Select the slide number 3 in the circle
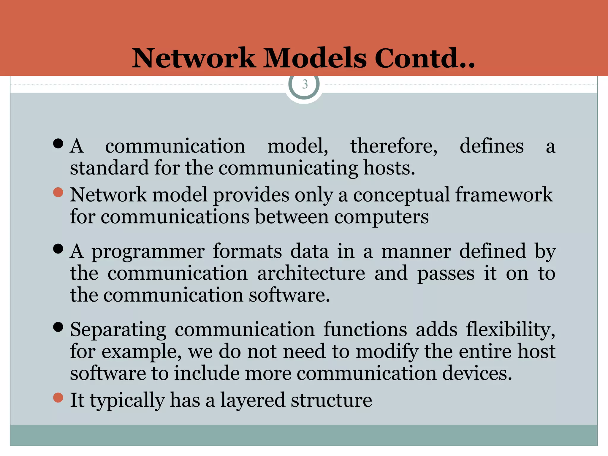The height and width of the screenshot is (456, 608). (305, 85)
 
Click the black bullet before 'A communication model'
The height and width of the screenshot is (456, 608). (58, 143)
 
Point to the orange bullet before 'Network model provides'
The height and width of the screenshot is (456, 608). (58, 192)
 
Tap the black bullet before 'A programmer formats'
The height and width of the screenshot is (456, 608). (58, 248)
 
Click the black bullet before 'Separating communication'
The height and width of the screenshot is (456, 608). (58, 327)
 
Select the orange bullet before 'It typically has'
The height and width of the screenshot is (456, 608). (58, 398)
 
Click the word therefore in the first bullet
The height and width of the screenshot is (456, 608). (393, 146)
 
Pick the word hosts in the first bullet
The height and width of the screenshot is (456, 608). (389, 168)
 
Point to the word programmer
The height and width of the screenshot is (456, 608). (148, 252)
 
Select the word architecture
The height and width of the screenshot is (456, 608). (311, 273)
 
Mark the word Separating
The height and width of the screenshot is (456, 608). (118, 330)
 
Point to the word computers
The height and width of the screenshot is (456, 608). (381, 217)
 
